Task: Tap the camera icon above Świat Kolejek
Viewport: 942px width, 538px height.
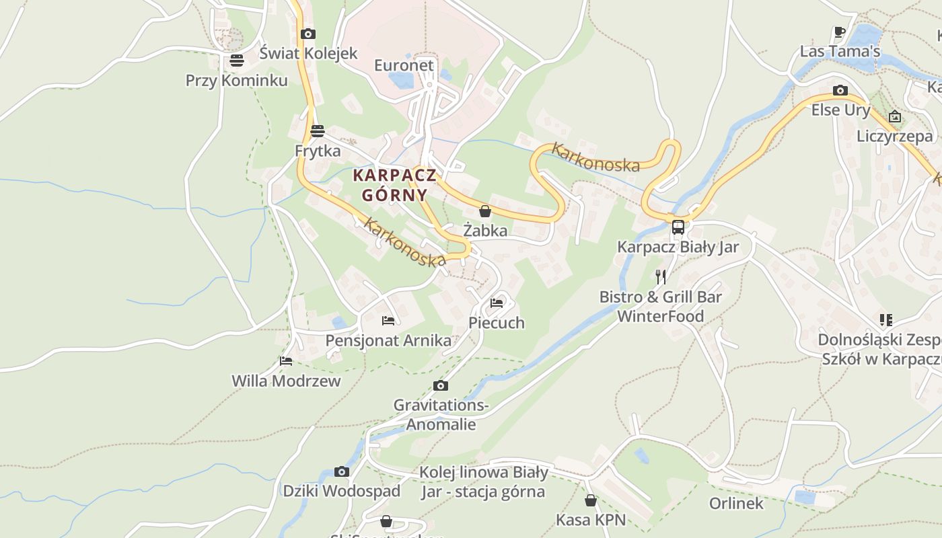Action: click(308, 34)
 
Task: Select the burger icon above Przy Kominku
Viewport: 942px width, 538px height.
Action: click(236, 61)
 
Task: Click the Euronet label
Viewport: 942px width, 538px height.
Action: click(404, 65)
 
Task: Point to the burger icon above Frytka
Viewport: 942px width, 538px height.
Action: click(318, 131)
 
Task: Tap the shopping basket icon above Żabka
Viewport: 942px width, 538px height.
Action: click(484, 211)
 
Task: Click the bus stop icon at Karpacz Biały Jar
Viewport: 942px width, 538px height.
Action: click(678, 227)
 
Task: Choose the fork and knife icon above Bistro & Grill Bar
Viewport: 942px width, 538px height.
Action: click(661, 276)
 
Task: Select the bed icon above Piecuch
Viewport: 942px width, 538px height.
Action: click(497, 303)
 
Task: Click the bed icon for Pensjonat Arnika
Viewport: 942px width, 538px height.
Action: click(388, 321)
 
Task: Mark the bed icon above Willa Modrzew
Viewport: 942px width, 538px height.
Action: click(286, 361)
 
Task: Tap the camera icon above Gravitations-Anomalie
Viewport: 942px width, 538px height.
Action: click(441, 385)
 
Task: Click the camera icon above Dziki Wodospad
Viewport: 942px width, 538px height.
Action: click(342, 471)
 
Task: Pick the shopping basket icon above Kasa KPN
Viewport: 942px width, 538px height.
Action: click(591, 500)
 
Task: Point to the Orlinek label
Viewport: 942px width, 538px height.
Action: click(736, 503)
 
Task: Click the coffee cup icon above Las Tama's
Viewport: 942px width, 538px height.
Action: click(840, 32)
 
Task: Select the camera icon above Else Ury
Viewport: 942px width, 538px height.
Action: click(840, 90)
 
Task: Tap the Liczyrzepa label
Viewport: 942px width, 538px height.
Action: click(895, 137)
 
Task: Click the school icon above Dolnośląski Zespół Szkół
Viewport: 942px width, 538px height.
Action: click(885, 320)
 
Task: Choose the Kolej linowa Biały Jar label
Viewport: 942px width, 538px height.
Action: click(483, 482)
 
